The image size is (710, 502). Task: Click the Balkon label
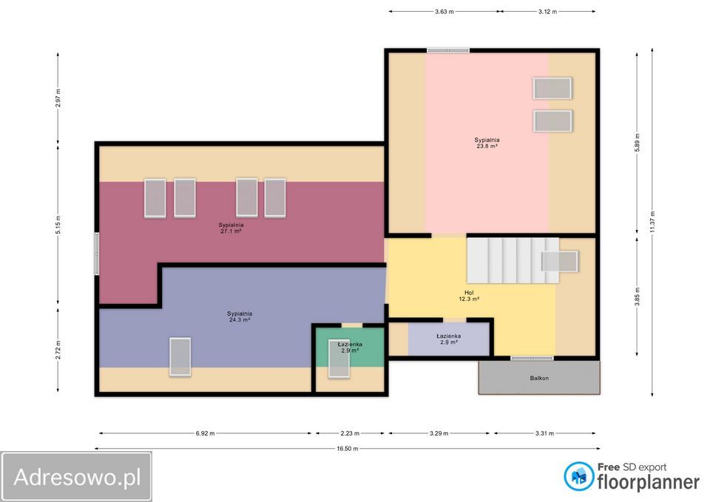point(539,378)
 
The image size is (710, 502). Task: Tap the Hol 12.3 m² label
point(469,296)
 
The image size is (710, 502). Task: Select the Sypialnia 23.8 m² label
point(487,143)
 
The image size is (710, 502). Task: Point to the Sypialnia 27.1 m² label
point(231,228)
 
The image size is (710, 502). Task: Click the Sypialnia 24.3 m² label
point(240,316)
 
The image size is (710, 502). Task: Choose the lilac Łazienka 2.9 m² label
point(449,339)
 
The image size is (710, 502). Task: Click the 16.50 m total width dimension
point(347,449)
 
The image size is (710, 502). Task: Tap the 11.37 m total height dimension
point(652,223)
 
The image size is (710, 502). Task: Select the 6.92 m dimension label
point(205,433)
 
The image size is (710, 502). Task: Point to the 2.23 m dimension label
point(350,433)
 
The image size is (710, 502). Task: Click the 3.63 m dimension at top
point(444,11)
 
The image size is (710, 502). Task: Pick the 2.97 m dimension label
point(58,98)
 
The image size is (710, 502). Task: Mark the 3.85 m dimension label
point(637,296)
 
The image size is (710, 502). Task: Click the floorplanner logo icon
point(578,476)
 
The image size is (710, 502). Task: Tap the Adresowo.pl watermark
point(77,477)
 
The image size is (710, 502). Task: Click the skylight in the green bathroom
point(339,359)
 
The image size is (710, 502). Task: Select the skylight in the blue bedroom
point(180,356)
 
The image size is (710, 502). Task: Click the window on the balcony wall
point(532,358)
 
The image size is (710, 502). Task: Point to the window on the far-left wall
point(96,254)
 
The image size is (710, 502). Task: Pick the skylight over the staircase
point(560,262)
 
